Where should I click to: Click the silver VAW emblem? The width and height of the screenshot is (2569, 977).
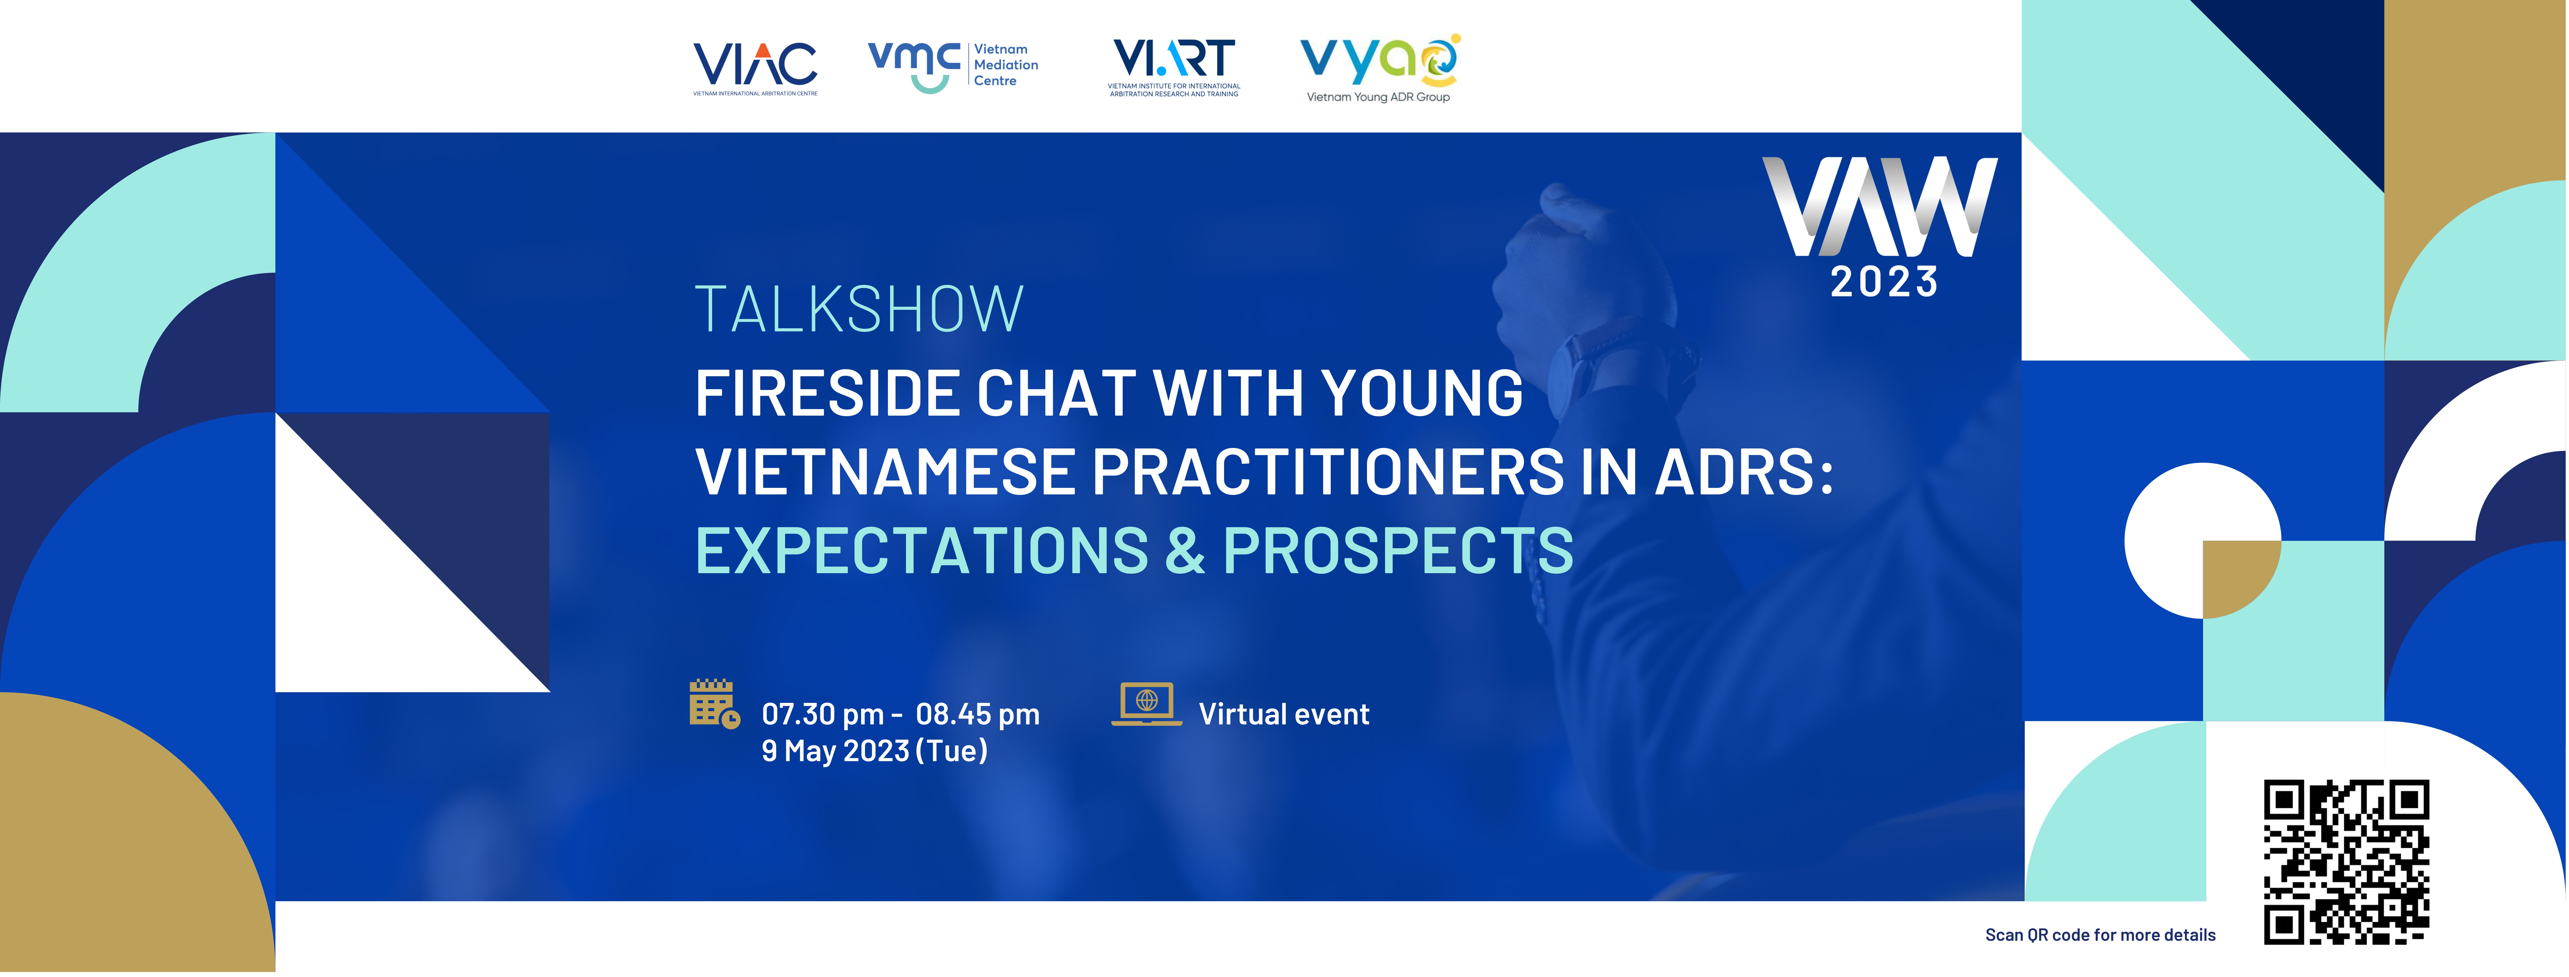pos(1880,206)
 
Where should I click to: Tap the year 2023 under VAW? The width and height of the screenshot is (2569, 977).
pos(1884,282)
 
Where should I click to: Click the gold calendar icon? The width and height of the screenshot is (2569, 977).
pos(714,704)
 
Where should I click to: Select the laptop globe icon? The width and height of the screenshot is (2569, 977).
pos(1147,704)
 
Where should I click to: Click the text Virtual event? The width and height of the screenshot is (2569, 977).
pos(1283,715)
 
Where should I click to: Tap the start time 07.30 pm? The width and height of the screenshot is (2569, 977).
pos(823,715)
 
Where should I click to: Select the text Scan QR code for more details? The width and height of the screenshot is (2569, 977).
pos(2100,935)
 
